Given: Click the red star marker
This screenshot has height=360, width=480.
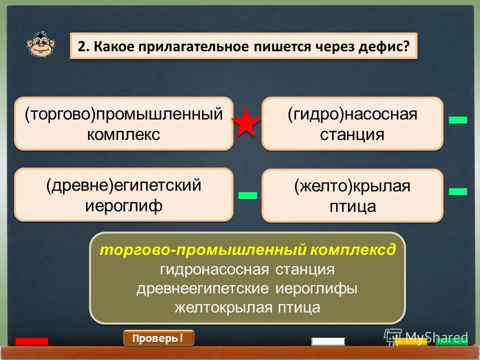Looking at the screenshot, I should click(246, 123).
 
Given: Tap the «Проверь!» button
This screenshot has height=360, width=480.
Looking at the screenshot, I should click(158, 338).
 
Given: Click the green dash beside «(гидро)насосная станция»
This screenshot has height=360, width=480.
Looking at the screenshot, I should click(457, 120).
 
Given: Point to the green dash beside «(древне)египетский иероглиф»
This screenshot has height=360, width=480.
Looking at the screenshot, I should click(247, 195).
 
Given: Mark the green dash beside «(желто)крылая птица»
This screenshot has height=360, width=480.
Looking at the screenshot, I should click(457, 191).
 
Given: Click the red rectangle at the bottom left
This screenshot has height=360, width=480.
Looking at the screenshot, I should click(31, 341).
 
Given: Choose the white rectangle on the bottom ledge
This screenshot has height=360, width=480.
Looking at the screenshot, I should click(328, 341).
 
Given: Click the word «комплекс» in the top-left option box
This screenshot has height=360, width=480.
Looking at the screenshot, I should click(124, 134).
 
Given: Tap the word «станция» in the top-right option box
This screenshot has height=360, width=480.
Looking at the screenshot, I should click(352, 134).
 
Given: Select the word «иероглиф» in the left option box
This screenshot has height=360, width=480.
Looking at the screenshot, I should click(124, 206).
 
